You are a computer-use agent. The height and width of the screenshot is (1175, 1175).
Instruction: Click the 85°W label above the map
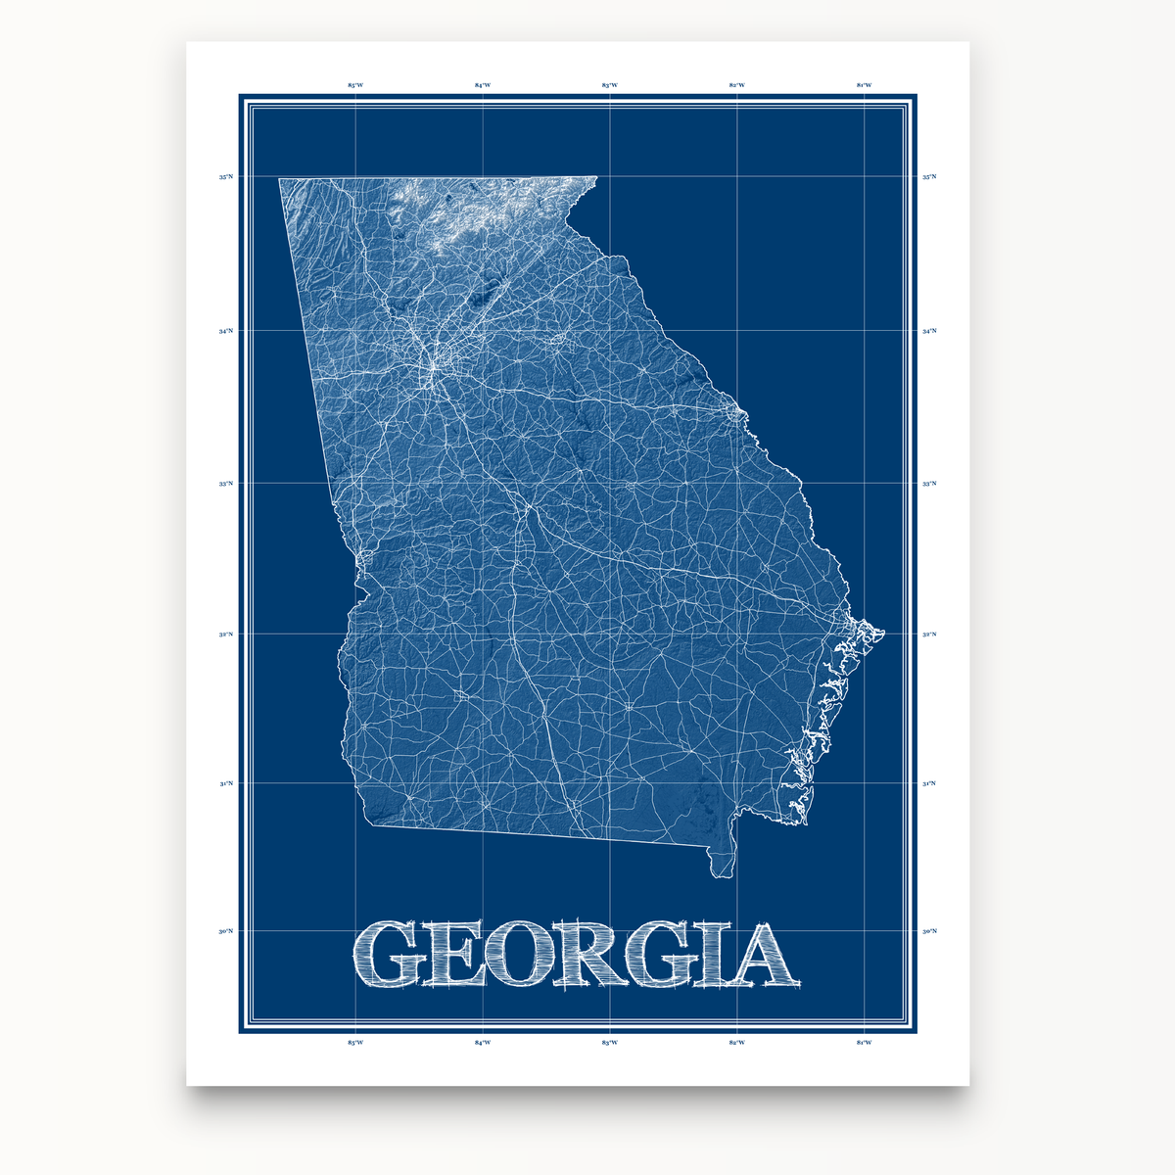(355, 85)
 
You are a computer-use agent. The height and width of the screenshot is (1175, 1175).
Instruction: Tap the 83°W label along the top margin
(609, 85)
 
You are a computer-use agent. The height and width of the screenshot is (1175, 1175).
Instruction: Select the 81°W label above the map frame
(864, 85)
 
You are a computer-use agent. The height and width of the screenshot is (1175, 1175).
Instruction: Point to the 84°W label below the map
(483, 1043)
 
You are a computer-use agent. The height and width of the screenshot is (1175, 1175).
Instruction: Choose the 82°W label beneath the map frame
(736, 1043)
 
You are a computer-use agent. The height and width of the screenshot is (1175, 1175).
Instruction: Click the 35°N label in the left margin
(226, 177)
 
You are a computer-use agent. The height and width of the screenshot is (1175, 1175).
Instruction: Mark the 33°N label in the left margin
(226, 484)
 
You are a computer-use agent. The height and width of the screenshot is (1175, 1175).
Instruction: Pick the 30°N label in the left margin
(226, 931)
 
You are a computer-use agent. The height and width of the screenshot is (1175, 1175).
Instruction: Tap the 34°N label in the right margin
(929, 331)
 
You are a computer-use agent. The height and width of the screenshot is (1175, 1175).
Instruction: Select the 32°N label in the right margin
(929, 634)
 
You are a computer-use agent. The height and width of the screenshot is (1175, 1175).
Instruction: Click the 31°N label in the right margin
(929, 784)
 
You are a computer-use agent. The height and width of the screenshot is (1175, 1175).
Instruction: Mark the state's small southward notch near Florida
(723, 862)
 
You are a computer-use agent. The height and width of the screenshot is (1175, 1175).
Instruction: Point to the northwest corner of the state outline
(280, 179)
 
